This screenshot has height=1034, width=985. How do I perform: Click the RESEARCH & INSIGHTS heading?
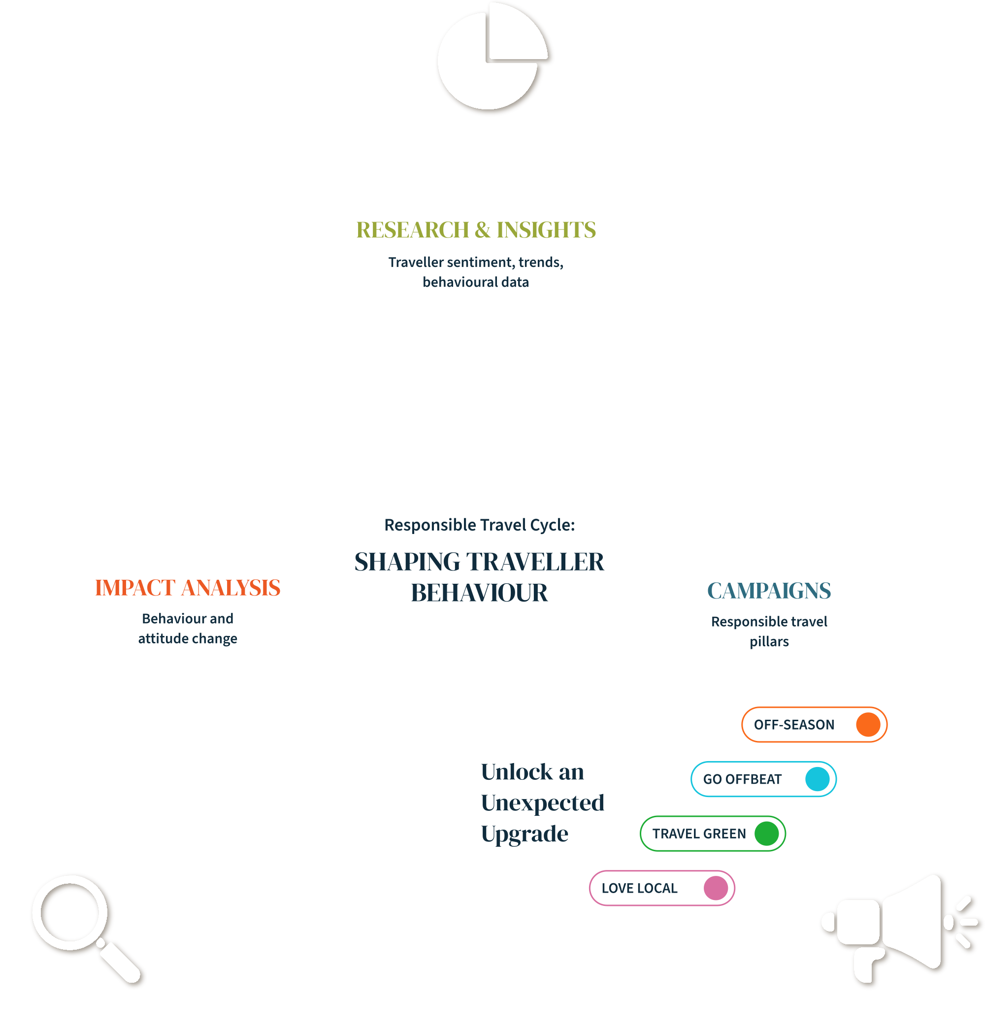click(476, 230)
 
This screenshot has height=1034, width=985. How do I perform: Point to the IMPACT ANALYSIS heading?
click(188, 588)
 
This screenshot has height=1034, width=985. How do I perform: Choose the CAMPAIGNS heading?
click(769, 591)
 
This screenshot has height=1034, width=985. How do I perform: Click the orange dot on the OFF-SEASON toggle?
click(868, 725)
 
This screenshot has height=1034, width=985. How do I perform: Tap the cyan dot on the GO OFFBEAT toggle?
click(818, 779)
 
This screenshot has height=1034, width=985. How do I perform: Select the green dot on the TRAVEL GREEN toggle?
click(767, 834)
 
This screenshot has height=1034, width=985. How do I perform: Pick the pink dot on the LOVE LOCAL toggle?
click(716, 889)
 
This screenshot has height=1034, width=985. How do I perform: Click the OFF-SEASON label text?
click(794, 725)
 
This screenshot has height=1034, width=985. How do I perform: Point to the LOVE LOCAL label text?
click(640, 889)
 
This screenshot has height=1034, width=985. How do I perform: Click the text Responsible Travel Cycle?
click(479, 525)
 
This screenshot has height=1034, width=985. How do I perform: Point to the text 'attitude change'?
click(188, 639)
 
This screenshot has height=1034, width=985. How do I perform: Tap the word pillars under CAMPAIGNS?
click(769, 642)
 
